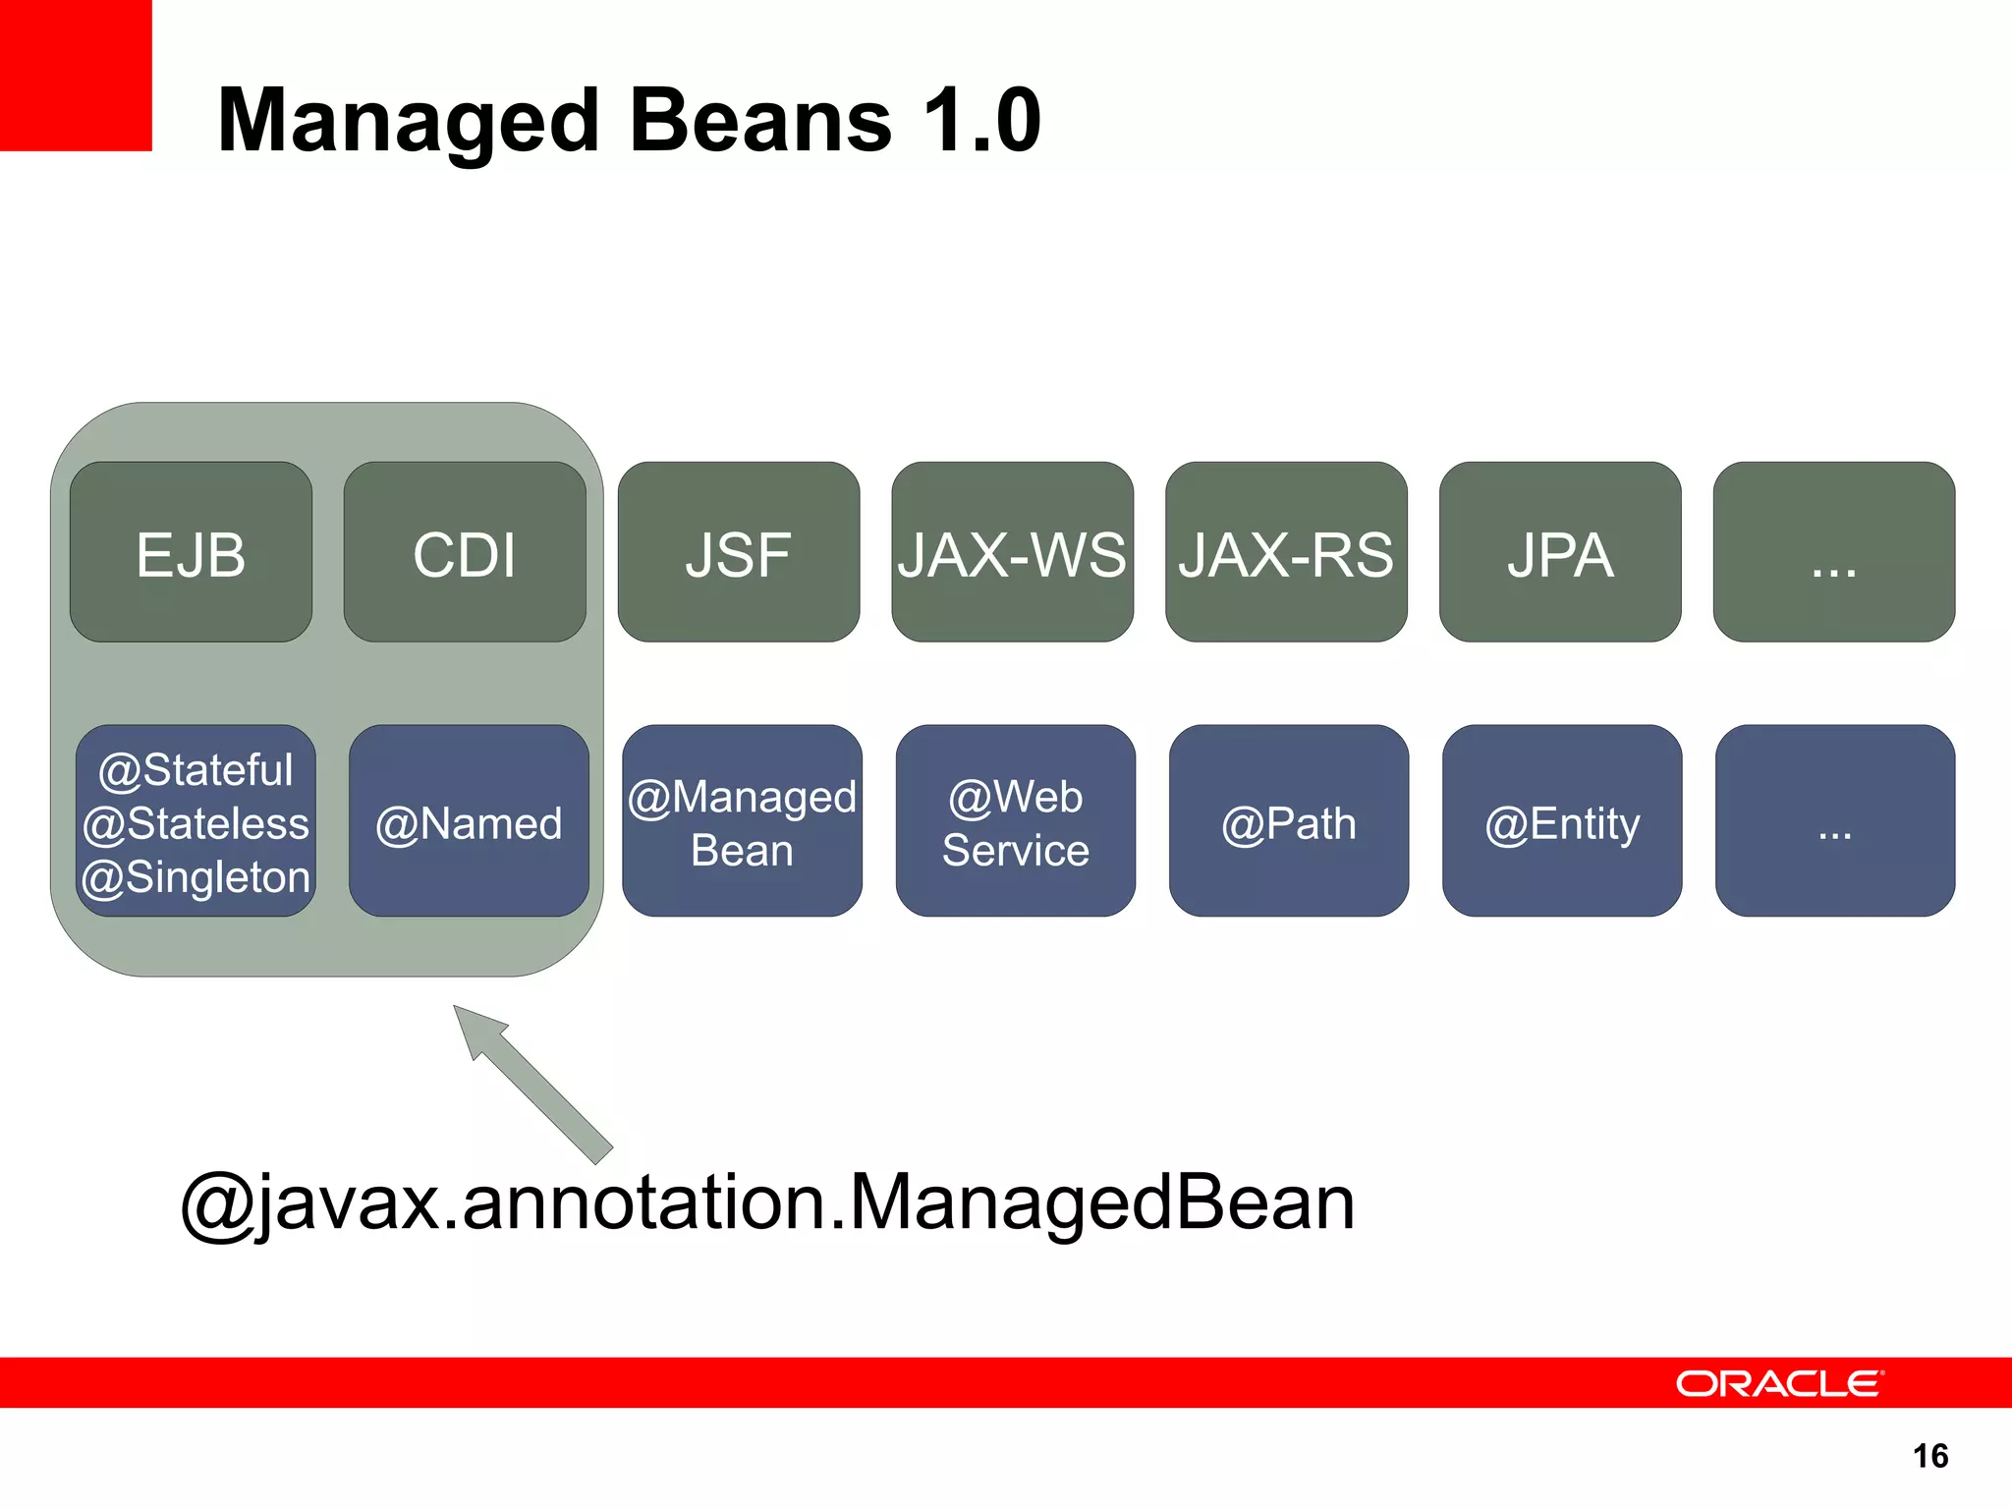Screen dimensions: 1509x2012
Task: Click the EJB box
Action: tap(191, 552)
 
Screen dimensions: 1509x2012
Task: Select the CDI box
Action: tap(465, 552)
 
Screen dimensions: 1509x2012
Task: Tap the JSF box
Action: tap(739, 552)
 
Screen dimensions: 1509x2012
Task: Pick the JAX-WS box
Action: tap(1012, 552)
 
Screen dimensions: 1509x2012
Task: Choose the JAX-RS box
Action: tap(1286, 552)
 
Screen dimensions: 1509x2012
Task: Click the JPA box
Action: tap(1560, 552)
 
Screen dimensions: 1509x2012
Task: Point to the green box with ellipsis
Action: tap(1833, 552)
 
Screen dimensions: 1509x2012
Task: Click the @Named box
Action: tap(469, 821)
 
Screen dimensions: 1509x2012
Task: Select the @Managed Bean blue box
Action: tap(742, 821)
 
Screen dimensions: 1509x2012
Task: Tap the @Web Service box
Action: tap(1015, 821)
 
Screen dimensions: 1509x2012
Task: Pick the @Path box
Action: tap(1288, 821)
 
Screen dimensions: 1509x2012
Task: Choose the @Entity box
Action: tap(1562, 821)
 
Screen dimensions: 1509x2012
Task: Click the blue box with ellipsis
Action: tap(1834, 821)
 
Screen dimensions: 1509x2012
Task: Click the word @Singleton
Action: tap(196, 876)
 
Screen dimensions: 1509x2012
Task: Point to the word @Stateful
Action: tap(196, 769)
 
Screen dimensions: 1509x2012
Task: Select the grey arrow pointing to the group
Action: tap(535, 1086)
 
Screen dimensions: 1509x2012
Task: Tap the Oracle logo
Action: tap(1778, 1383)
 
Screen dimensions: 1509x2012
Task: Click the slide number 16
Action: tap(1930, 1456)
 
